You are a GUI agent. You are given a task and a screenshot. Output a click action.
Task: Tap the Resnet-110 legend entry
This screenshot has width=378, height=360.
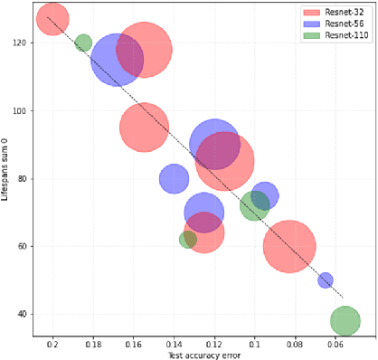[x=338, y=35]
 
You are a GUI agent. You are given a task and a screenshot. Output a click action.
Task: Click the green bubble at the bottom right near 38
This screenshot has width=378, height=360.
[x=345, y=320]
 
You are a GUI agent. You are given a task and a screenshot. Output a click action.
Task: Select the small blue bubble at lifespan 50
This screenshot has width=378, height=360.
[x=326, y=280]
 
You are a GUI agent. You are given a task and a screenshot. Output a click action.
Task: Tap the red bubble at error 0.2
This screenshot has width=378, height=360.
[x=52, y=20]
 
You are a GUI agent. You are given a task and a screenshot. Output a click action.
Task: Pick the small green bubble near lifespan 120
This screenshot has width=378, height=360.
[x=83, y=43]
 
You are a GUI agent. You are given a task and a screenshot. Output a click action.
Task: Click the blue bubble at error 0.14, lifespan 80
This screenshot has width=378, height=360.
[x=174, y=178]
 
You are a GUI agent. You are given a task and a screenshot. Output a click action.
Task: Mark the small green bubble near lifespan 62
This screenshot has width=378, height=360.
[x=188, y=240]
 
